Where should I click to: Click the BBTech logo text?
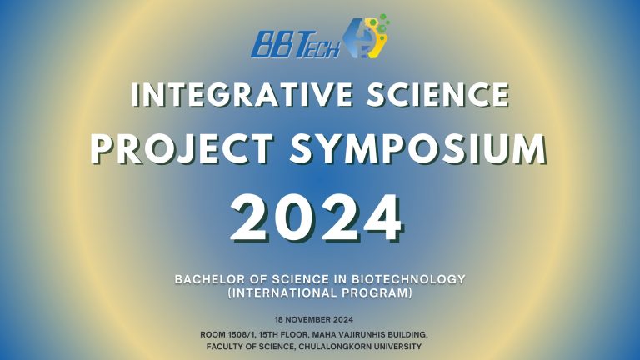[296, 44]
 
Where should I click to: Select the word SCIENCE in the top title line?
[437, 94]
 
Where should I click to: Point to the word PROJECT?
[182, 148]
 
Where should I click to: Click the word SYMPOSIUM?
[418, 148]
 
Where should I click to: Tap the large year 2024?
[317, 217]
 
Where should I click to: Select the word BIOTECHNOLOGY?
[408, 279]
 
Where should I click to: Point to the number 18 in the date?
[279, 320]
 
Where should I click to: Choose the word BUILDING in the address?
[408, 335]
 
